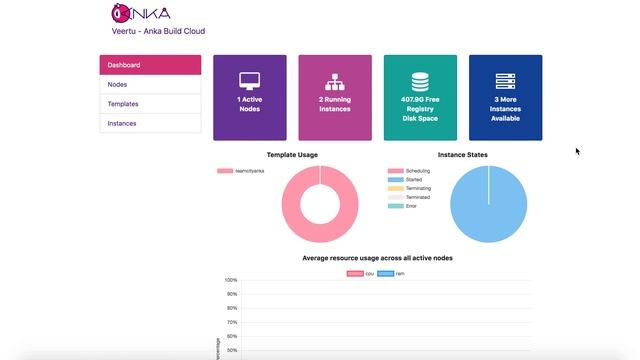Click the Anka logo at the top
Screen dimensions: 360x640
pyautogui.click(x=141, y=13)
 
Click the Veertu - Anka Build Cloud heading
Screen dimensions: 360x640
pyautogui.click(x=158, y=31)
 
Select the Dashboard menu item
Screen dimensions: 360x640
pyautogui.click(x=150, y=65)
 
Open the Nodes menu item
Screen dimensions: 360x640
pyautogui.click(x=150, y=85)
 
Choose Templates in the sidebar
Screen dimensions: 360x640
pyautogui.click(x=150, y=104)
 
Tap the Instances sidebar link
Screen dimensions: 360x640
pyautogui.click(x=150, y=124)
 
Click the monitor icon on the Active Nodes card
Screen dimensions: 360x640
pyautogui.click(x=249, y=81)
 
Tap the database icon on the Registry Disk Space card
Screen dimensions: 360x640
pyautogui.click(x=420, y=81)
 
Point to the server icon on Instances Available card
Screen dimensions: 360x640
pyautogui.click(x=505, y=81)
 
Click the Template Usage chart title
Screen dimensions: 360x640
pyautogui.click(x=292, y=155)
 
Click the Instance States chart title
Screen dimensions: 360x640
pyautogui.click(x=463, y=155)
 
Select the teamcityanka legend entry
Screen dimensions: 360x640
pyautogui.click(x=241, y=171)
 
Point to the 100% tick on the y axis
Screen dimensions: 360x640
pyautogui.click(x=231, y=280)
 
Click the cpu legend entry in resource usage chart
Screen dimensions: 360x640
pyautogui.click(x=361, y=272)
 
